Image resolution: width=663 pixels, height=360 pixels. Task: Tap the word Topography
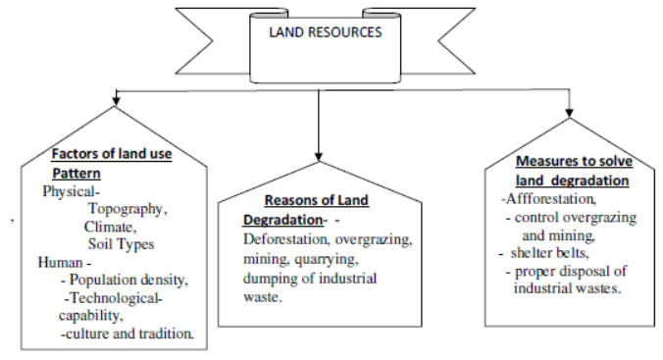127,209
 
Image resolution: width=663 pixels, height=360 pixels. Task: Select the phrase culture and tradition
129,334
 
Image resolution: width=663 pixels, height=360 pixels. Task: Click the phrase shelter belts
546,253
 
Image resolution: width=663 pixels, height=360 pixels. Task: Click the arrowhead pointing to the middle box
318,154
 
